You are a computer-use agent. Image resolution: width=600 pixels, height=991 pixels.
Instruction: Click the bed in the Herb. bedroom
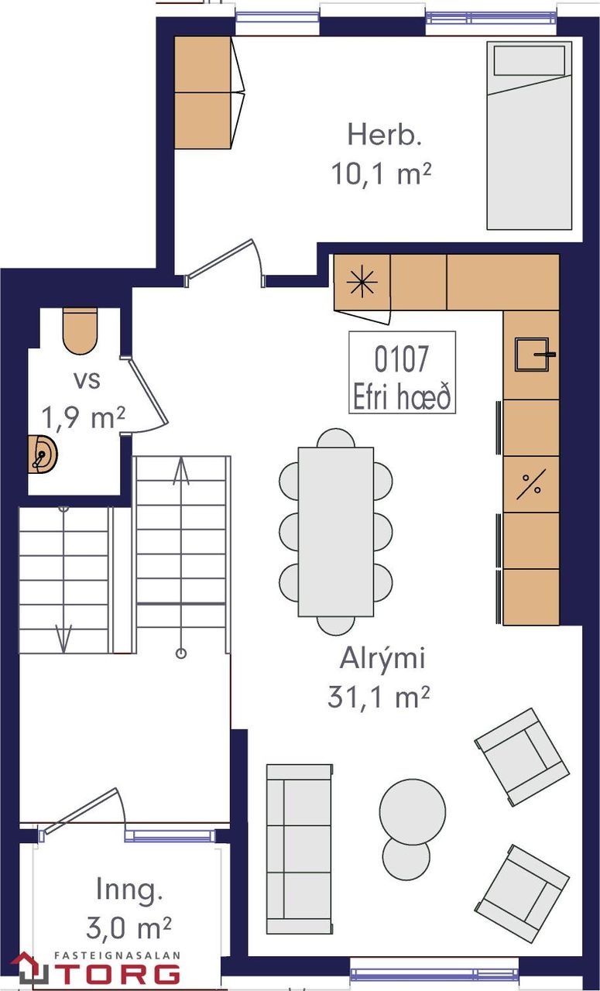(530, 147)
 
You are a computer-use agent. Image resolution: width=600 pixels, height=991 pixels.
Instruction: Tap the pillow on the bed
(530, 60)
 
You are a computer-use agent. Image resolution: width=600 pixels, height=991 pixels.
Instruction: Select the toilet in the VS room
(80, 331)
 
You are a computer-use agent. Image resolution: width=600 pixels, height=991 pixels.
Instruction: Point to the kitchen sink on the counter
(532, 355)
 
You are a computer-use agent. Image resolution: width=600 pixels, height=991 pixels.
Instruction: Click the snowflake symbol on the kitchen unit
(362, 284)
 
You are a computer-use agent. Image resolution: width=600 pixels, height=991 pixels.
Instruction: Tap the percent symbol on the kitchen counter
(531, 485)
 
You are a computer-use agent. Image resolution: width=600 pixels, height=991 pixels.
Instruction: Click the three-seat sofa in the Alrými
(299, 849)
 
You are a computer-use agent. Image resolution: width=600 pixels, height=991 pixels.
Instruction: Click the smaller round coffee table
(406, 858)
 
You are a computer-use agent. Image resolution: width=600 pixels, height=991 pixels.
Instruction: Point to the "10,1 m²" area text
(381, 174)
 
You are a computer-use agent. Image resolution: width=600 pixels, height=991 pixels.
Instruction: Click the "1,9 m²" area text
(84, 418)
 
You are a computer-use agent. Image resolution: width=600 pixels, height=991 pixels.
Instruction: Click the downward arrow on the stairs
(65, 640)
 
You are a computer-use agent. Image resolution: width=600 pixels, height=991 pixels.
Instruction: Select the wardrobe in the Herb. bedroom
(203, 92)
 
